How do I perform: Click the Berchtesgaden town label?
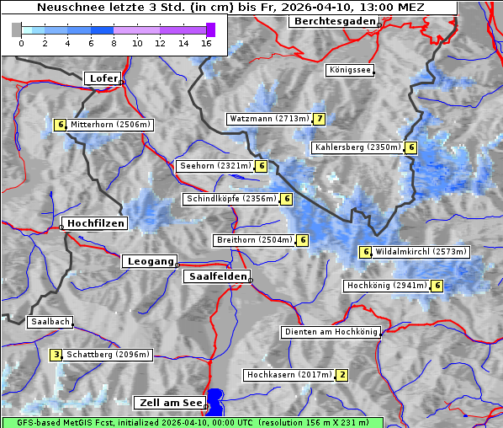pyautogui.click(x=333, y=20)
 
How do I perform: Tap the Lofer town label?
pyautogui.click(x=103, y=78)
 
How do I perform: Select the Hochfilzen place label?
pyautogui.click(x=95, y=223)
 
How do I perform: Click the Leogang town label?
pyautogui.click(x=151, y=261)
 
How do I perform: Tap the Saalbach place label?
pyautogui.click(x=50, y=322)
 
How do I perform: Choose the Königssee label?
pyautogui.click(x=350, y=71)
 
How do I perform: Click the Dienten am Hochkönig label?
pyautogui.click(x=331, y=333)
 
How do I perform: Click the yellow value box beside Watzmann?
pyautogui.click(x=319, y=119)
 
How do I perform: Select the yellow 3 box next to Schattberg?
pyautogui.click(x=56, y=355)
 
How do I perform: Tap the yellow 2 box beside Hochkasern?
pyautogui.click(x=342, y=374)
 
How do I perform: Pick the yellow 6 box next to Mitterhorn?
pyautogui.click(x=60, y=125)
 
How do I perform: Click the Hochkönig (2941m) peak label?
pyautogui.click(x=386, y=286)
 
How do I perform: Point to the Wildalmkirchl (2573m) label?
pyautogui.click(x=421, y=252)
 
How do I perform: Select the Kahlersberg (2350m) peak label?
pyautogui.click(x=357, y=147)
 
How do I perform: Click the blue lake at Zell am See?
pyautogui.click(x=216, y=400)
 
